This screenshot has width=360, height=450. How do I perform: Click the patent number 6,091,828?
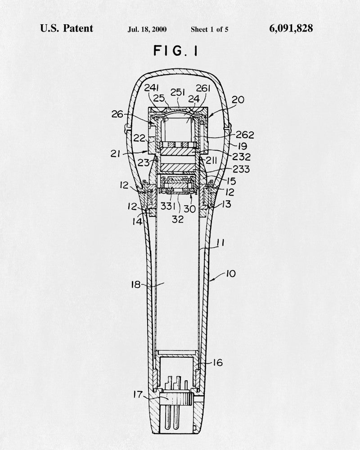coord(291,28)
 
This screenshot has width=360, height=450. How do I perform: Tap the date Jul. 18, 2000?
coord(147,29)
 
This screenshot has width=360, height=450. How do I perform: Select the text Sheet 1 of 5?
coord(210,29)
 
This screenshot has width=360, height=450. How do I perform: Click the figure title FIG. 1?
coord(175,51)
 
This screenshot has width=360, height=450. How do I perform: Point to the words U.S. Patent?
coord(67,28)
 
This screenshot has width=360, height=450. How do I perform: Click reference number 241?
coord(152,88)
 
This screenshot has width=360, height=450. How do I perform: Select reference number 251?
coord(178,92)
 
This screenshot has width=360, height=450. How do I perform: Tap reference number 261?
coord(203,88)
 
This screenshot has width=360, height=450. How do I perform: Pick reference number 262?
coord(245,135)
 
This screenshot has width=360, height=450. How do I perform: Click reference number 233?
coord(241,169)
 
